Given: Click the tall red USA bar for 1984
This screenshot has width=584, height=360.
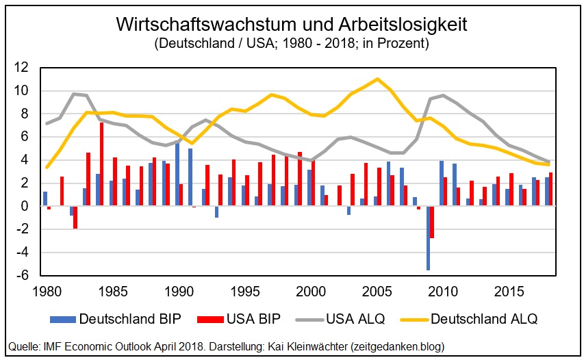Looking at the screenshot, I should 102,164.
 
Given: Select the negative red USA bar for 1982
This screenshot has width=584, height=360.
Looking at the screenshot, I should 75,217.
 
